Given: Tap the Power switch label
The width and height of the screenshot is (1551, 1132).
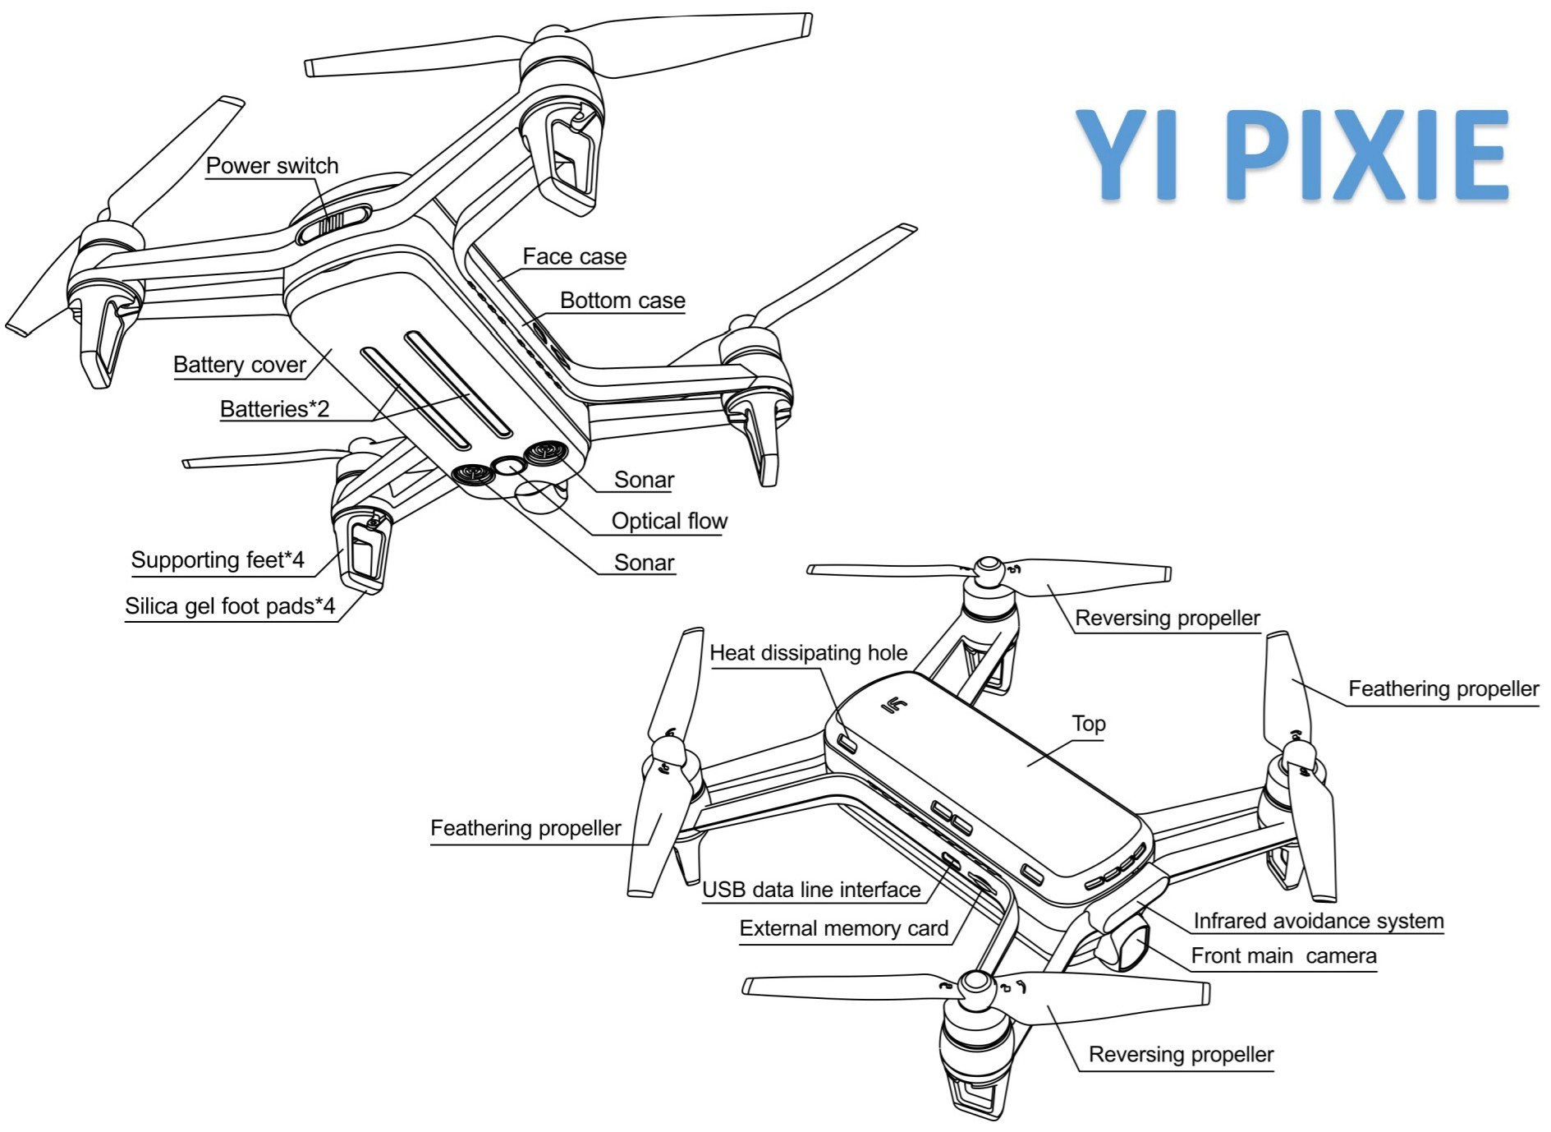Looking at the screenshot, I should tap(272, 166).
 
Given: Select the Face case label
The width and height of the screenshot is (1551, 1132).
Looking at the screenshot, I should tap(574, 257).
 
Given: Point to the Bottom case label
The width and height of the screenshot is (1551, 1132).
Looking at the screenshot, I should tap(622, 301).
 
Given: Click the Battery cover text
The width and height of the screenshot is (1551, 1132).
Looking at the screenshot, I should tap(239, 365).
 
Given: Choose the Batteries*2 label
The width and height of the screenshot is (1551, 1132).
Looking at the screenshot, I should tap(274, 409).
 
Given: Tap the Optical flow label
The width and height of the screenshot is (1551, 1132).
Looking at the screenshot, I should tap(668, 521).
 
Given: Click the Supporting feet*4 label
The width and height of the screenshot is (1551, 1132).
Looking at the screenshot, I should tap(218, 560).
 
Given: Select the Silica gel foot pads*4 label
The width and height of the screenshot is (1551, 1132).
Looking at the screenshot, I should tap(230, 606).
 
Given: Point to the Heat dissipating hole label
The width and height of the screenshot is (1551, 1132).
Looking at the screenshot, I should tap(808, 653).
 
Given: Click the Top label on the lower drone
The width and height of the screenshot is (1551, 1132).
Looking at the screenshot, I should tap(1088, 724).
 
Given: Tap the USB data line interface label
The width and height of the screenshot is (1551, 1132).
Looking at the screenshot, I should tap(811, 890).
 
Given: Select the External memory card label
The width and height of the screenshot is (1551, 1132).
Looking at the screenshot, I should tap(843, 928).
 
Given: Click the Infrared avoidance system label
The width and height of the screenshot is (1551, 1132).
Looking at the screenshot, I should tap(1318, 921).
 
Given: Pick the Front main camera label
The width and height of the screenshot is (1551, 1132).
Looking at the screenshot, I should tap(1283, 956).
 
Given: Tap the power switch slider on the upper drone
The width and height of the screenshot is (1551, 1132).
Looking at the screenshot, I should tap(335, 224).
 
